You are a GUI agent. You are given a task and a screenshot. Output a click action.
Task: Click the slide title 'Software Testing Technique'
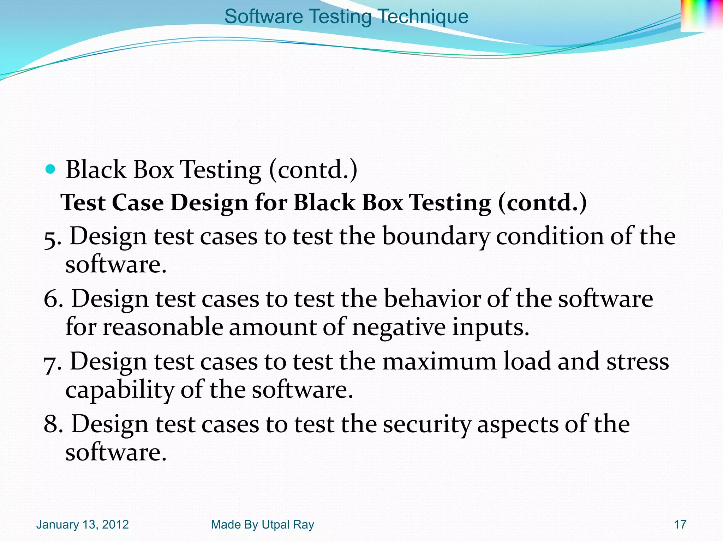(x=346, y=17)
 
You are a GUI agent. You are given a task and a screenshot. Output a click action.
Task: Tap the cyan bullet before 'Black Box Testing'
(x=51, y=169)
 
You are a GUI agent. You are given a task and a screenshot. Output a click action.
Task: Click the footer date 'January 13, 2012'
(x=82, y=525)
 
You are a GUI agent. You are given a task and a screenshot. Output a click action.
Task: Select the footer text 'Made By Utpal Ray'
(x=262, y=525)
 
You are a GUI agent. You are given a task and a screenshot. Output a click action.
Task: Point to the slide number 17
(x=680, y=525)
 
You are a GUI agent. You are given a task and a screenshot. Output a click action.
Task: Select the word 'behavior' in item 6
(x=432, y=299)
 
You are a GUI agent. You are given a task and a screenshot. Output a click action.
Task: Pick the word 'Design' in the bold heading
(x=209, y=203)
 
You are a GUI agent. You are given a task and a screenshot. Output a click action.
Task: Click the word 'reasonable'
(x=163, y=327)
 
